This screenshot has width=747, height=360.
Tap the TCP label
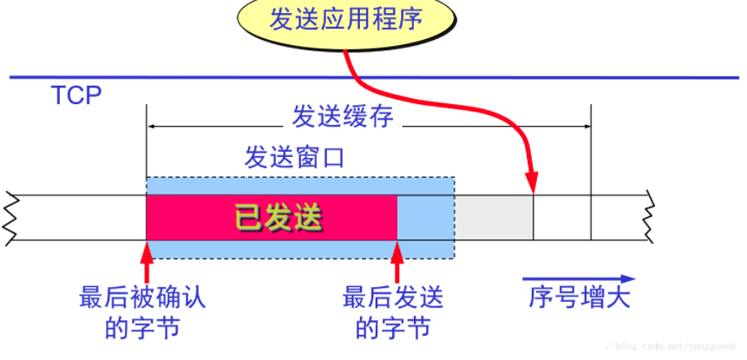76,95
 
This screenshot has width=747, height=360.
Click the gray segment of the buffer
493,218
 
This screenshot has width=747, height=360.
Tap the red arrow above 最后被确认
147,260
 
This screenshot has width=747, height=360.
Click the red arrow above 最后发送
396,260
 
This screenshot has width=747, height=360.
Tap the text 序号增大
579,298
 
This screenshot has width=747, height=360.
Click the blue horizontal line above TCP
373,77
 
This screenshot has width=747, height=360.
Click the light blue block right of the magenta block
424,218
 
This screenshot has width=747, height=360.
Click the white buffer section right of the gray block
561,218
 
